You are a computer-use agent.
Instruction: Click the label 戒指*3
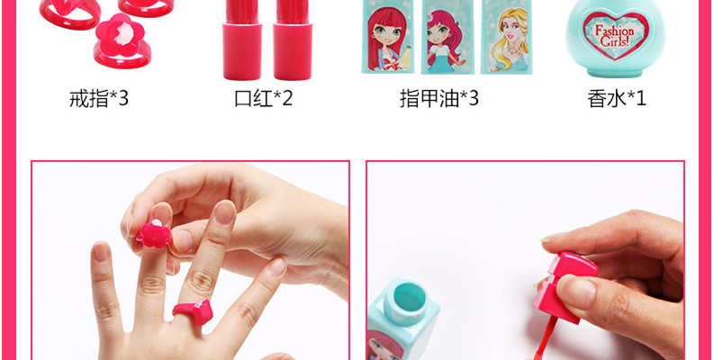[x=99, y=98]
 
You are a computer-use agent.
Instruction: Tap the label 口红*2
[x=263, y=98]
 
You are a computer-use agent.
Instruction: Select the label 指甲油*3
[x=439, y=98]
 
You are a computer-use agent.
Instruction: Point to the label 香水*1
[x=617, y=98]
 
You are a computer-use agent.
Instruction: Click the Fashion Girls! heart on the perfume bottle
[x=616, y=35]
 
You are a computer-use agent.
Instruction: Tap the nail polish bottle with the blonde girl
[x=507, y=36]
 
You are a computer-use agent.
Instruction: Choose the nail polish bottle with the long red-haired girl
[x=388, y=36]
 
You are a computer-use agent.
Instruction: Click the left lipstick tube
[x=242, y=40]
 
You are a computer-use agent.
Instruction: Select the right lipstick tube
[x=293, y=40]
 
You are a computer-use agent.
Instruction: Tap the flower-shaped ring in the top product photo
[x=122, y=41]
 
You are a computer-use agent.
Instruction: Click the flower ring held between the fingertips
[x=154, y=234]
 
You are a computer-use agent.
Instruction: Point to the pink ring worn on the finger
[x=193, y=311]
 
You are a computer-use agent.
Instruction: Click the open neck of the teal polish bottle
[x=406, y=301]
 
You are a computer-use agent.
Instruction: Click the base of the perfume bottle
[x=616, y=72]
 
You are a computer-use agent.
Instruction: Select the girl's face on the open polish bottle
[x=384, y=346]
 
